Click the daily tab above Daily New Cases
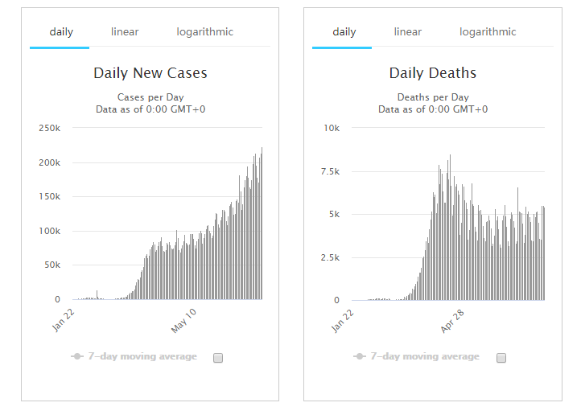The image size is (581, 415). click(61, 32)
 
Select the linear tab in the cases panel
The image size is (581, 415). click(125, 32)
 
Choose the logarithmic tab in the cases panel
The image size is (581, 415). click(205, 32)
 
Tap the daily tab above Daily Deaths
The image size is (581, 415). click(344, 32)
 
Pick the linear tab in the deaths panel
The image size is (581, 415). click(408, 32)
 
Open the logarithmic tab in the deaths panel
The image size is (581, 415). click(488, 32)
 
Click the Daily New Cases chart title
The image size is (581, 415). click(150, 73)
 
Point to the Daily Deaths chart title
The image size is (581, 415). click(433, 73)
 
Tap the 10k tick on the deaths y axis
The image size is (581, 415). click(332, 128)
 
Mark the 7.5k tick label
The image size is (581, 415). click(329, 171)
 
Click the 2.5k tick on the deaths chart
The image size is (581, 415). click(329, 257)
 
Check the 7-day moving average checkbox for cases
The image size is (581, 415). click(218, 358)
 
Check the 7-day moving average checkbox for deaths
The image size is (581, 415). click(501, 358)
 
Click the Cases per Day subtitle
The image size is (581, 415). click(150, 97)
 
